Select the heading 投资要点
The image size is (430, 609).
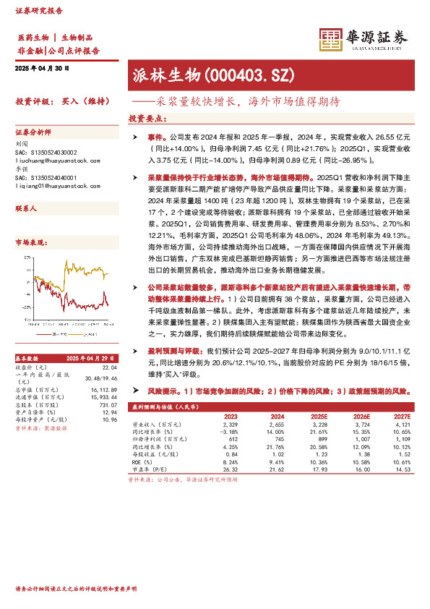(147, 119)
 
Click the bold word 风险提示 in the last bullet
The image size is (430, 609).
(163, 390)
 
